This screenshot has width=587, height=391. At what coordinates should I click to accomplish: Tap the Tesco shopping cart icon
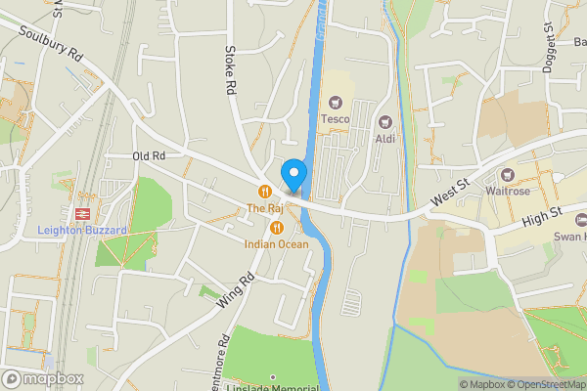coord(336,102)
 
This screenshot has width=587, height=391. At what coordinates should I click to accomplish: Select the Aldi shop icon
coord(385,123)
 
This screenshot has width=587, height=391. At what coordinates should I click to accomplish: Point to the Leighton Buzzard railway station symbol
coord(81,212)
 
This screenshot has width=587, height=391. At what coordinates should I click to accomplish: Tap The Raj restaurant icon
coord(264,192)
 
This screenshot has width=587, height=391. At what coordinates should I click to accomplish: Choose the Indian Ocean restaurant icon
coord(276,228)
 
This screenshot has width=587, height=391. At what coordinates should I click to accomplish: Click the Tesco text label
coord(336,119)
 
